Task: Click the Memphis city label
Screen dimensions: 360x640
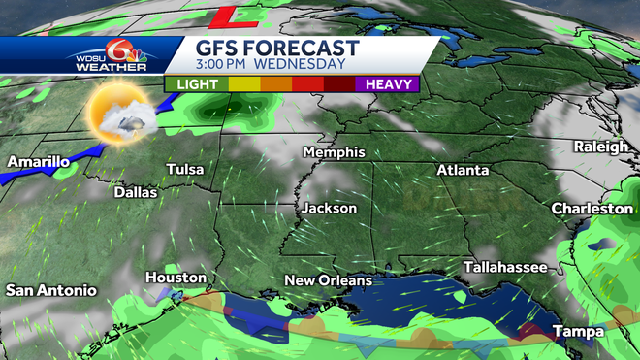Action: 334,152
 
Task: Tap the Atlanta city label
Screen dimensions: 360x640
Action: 463,170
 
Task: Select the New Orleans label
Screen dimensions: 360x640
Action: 329,280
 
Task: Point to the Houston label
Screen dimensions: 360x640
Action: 176,278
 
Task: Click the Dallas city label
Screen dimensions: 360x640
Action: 135,192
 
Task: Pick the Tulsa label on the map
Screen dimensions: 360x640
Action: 185,170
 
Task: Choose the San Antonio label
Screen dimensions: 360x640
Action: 51,290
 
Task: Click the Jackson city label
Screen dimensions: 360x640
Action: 329,208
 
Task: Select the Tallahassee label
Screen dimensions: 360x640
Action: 504,266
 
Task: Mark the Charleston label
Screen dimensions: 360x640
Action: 592,209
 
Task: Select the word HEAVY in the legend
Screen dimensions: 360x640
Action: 388,83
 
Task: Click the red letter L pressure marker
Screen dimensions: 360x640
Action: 234,16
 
